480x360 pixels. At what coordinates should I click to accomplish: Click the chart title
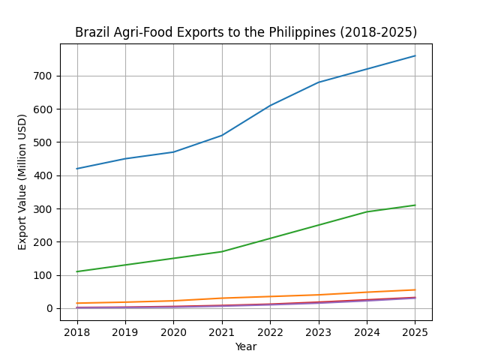tap(246, 33)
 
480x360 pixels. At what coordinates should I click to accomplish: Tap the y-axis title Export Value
tap(22, 181)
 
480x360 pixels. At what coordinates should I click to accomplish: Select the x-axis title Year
tap(246, 346)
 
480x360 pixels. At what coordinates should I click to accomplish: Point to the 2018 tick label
tap(77, 331)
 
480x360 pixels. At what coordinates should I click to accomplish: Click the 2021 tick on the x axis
tap(222, 331)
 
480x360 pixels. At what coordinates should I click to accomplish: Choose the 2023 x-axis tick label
tap(319, 331)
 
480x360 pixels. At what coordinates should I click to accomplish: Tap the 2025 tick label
tap(415, 331)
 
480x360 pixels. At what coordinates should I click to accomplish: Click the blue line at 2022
tap(270, 106)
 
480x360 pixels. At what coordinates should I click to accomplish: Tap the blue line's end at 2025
tap(415, 55)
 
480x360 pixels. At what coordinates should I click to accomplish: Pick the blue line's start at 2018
tap(77, 169)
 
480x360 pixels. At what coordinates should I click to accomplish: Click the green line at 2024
tap(367, 211)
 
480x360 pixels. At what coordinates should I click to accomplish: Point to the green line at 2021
tap(222, 251)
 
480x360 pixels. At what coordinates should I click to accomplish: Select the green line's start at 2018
tap(77, 271)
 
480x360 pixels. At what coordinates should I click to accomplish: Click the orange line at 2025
tap(415, 289)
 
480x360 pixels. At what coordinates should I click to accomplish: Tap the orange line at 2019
tap(125, 302)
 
